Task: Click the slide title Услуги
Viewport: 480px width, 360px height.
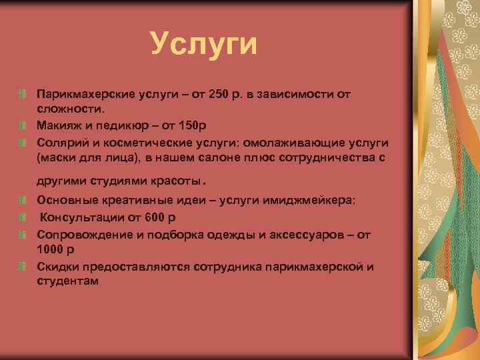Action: [203, 44]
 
